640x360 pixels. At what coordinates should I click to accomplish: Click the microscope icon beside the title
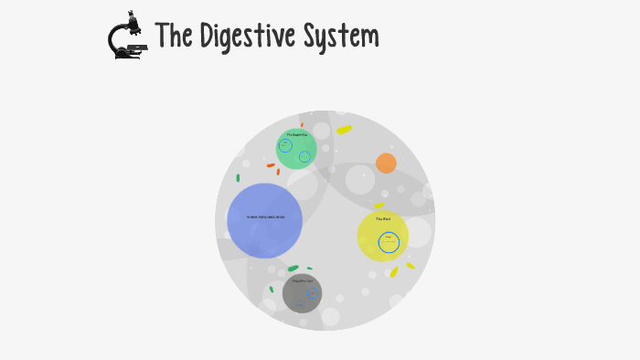tap(126, 37)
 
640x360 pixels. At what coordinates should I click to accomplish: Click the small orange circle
tap(386, 164)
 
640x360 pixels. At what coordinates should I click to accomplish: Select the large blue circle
tap(264, 220)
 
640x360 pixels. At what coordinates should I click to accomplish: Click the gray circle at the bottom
tap(302, 292)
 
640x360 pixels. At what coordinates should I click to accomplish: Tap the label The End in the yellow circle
tap(382, 219)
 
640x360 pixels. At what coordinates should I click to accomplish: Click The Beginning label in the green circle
tap(296, 135)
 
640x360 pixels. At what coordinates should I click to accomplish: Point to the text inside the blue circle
tap(265, 217)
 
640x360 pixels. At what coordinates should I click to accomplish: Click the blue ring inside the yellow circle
tap(389, 242)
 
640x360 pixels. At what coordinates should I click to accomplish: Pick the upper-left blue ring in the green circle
tap(285, 145)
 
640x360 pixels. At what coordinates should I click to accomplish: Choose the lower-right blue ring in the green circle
tap(304, 156)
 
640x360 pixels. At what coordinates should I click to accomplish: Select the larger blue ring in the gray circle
tap(312, 293)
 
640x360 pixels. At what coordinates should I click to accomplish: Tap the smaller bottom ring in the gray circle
tap(299, 305)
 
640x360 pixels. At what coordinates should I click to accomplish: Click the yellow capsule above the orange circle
tap(344, 130)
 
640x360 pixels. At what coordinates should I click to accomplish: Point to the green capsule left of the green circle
tap(238, 178)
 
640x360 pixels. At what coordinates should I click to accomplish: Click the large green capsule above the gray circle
tap(293, 269)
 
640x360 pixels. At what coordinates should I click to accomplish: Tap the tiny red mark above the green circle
tap(302, 125)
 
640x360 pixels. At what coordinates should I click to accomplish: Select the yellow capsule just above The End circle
tap(379, 206)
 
